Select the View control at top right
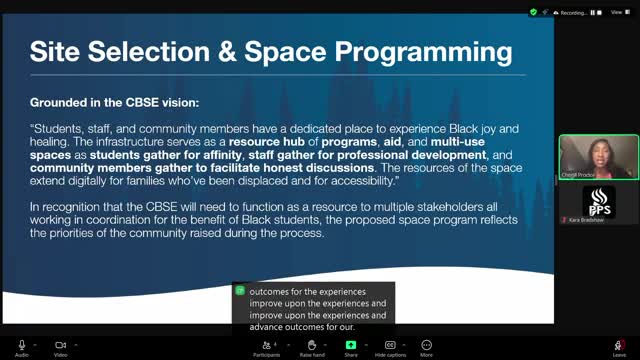pyautogui.click(x=616, y=12)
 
